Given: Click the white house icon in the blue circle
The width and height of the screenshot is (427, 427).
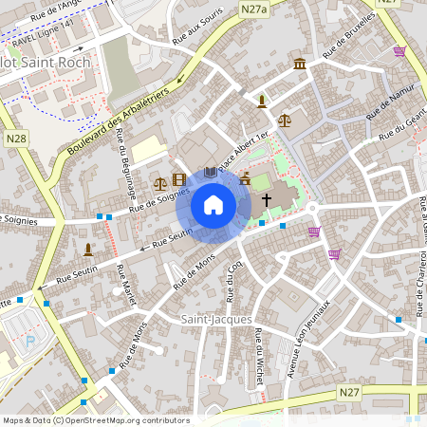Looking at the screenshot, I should pyautogui.click(x=213, y=204).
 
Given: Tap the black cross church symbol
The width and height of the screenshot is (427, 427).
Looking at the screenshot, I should pyautogui.click(x=267, y=200).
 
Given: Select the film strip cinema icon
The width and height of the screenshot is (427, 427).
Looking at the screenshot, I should pyautogui.click(x=178, y=180).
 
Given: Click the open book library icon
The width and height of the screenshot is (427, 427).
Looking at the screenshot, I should pyautogui.click(x=210, y=172).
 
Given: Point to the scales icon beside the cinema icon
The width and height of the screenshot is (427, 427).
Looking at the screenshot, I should pyautogui.click(x=159, y=181).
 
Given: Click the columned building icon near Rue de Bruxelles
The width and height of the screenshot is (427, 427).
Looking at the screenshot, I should pyautogui.click(x=300, y=64).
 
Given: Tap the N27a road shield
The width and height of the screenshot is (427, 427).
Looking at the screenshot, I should pyautogui.click(x=253, y=9).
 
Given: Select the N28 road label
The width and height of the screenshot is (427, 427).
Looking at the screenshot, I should pyautogui.click(x=16, y=139).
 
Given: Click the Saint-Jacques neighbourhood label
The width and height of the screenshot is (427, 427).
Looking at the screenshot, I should pyautogui.click(x=209, y=320).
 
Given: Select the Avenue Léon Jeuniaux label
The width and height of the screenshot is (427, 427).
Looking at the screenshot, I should pyautogui.click(x=309, y=336).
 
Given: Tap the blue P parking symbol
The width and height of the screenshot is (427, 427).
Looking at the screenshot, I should pyautogui.click(x=29, y=340).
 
